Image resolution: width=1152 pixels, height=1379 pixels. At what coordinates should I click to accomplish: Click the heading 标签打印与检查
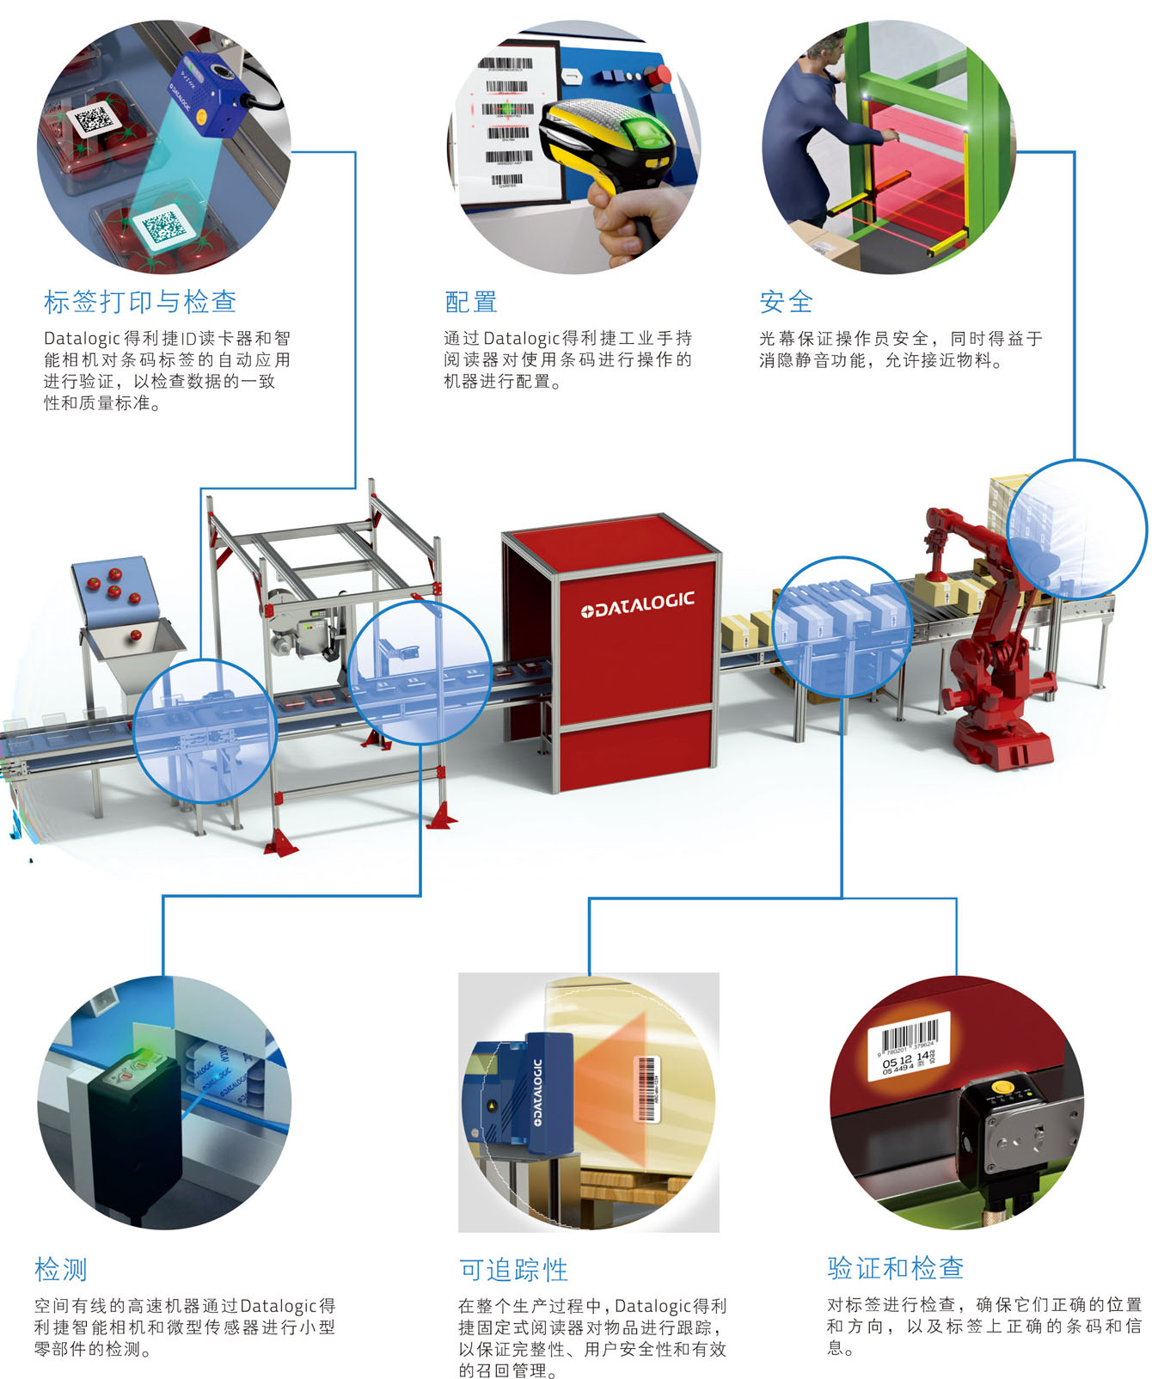tap(140, 302)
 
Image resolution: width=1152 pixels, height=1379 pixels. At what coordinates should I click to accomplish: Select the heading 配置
tap(470, 302)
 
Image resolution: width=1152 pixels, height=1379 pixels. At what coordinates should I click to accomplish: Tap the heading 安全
tap(786, 302)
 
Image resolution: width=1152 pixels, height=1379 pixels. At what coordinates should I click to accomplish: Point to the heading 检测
tap(60, 1269)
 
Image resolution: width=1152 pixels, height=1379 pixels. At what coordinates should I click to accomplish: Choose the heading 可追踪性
tap(513, 1269)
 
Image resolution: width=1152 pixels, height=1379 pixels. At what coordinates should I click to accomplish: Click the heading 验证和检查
tap(895, 1267)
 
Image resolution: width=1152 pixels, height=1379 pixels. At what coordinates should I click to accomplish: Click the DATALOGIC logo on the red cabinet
tap(637, 604)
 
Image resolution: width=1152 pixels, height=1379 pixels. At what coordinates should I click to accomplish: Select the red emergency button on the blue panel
tap(663, 76)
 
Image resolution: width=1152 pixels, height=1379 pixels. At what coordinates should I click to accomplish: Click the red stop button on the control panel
tap(663, 76)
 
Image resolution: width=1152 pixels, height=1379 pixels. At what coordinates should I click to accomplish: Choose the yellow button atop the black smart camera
tap(1001, 1088)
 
